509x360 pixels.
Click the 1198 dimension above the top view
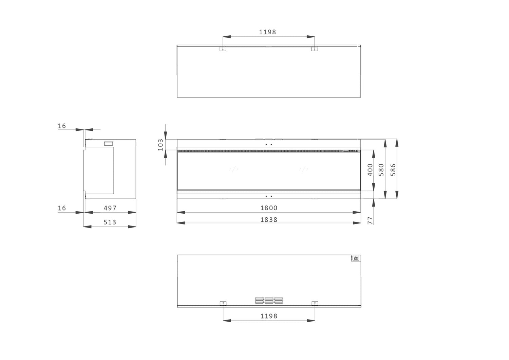click(267, 32)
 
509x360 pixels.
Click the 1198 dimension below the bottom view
click(269, 316)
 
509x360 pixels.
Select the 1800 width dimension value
click(269, 208)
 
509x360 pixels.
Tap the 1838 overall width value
click(269, 220)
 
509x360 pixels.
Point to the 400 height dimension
click(370, 170)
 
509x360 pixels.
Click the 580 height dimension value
click(381, 170)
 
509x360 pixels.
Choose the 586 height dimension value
click(393, 170)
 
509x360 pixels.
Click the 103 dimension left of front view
click(161, 145)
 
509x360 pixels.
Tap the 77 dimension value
click(370, 221)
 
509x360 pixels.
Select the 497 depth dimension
click(110, 208)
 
